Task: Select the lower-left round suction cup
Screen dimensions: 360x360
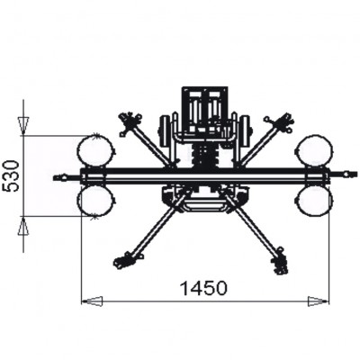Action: point(94,200)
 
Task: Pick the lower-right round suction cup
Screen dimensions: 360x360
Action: point(314,199)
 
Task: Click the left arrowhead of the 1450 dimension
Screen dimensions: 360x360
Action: point(90,301)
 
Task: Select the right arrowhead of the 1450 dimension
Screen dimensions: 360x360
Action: point(319,301)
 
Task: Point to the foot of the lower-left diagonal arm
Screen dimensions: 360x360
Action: point(126,261)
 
